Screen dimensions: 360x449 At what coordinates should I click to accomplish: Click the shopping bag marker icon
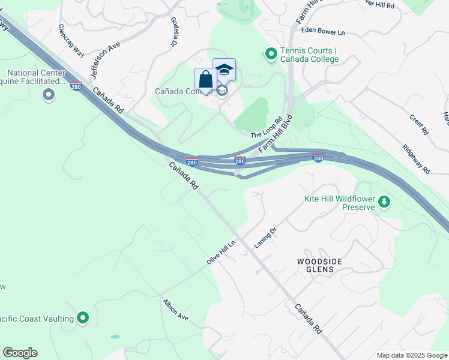(x=205, y=80)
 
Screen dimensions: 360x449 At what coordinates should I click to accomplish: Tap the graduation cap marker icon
(x=224, y=70)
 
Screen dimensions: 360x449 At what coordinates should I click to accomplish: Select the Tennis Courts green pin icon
(x=271, y=55)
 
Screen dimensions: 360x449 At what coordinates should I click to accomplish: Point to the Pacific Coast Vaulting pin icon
(x=83, y=318)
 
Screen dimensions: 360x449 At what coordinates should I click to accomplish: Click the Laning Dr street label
(x=264, y=238)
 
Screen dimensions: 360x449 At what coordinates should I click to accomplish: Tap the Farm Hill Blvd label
(x=276, y=133)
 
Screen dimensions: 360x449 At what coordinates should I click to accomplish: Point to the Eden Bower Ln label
(x=323, y=30)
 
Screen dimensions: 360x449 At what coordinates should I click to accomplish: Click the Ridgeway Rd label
(x=417, y=159)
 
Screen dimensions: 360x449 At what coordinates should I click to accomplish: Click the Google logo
(x=20, y=353)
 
